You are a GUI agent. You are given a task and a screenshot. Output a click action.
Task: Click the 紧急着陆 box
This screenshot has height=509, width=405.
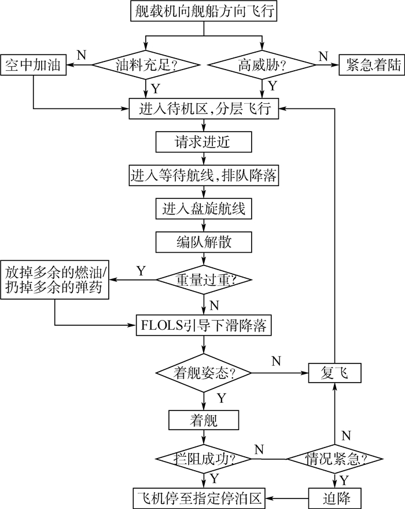(x=373, y=64)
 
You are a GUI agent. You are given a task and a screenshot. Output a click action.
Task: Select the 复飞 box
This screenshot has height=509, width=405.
(x=334, y=371)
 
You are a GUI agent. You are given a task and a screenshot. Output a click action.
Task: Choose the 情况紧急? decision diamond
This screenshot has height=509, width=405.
(x=335, y=459)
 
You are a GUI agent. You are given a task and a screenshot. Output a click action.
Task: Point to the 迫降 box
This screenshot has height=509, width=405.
(x=335, y=497)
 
